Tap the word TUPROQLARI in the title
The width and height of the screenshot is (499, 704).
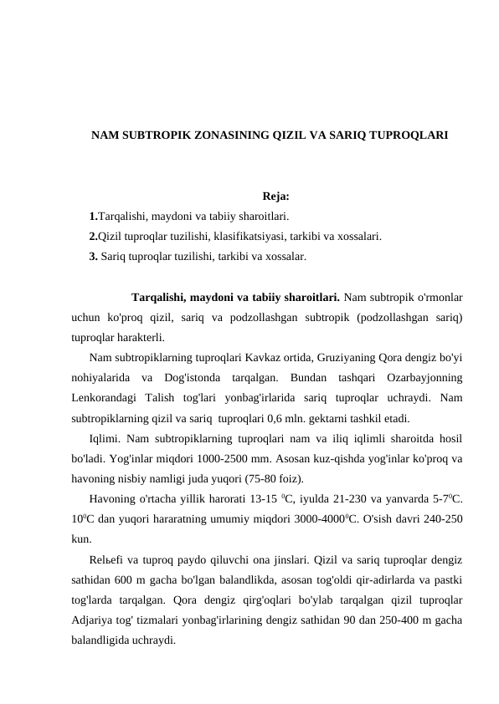click(x=410, y=134)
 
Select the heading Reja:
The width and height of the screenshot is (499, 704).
click(x=275, y=197)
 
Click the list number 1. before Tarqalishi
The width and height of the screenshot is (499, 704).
click(x=94, y=217)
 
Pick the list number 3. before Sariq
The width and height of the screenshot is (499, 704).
click(x=94, y=256)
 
